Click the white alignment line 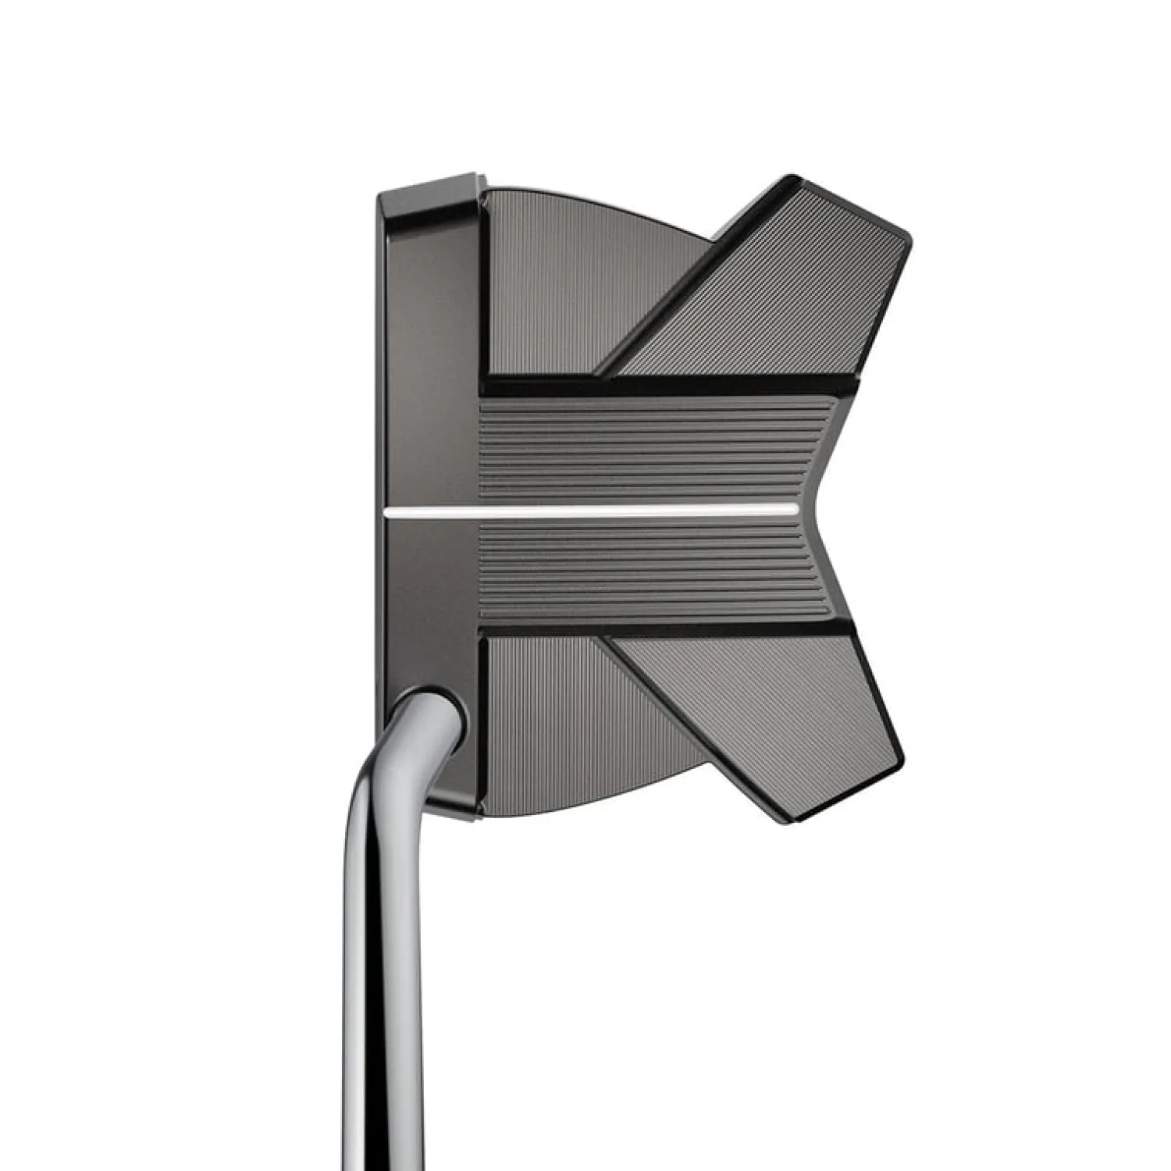(593, 510)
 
